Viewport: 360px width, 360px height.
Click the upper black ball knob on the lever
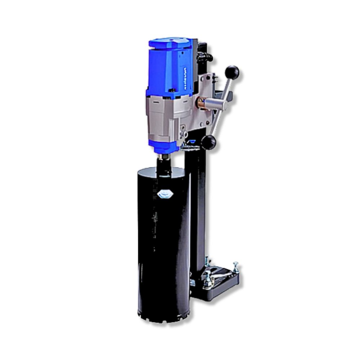232,72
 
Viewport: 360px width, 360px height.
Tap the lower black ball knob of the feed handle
208,143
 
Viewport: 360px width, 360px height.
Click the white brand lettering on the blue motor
186,78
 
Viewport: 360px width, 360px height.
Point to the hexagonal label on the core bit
165,194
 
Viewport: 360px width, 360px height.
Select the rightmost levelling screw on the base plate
235,267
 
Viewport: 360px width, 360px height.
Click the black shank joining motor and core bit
165,164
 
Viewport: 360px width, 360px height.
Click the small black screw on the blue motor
172,90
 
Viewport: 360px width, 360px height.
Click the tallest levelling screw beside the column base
207,261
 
